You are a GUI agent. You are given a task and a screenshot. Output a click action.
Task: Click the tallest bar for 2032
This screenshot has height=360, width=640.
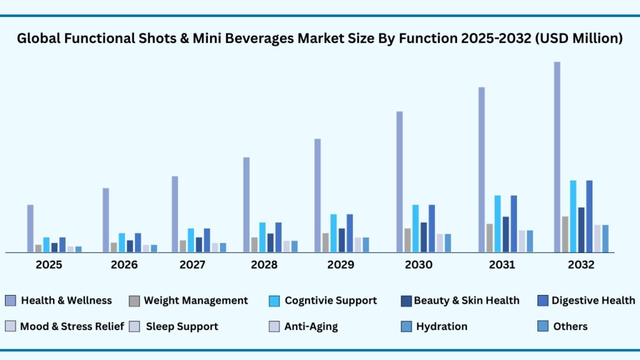[557, 157]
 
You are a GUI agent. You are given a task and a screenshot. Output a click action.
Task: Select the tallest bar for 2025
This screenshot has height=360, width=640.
[30, 229]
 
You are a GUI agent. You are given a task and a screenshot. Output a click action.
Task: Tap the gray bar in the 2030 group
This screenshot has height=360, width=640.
[407, 241]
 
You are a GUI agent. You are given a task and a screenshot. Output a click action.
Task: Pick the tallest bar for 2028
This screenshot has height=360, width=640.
[246, 205]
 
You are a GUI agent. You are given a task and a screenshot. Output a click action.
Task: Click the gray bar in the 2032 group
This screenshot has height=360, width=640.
[565, 234]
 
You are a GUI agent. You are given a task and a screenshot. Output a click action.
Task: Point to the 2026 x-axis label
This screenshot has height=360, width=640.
[124, 264]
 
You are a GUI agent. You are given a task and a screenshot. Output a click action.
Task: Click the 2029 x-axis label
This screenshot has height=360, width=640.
[341, 264]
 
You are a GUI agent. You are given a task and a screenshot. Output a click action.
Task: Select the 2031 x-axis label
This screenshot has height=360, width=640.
[502, 264]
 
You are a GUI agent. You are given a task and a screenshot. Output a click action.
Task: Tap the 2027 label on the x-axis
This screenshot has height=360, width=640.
[192, 264]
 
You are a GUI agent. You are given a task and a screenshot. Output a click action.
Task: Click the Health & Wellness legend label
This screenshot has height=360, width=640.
[66, 301]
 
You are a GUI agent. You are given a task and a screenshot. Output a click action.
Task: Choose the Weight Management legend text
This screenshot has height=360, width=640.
[196, 301]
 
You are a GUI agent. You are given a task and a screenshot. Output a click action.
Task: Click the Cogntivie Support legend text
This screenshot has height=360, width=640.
[331, 301]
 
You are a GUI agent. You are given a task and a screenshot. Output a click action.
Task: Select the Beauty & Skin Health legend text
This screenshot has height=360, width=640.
[466, 301]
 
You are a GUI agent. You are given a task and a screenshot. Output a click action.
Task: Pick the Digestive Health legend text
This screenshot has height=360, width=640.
[593, 301]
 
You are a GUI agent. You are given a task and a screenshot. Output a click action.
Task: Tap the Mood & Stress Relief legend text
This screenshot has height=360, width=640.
[72, 326]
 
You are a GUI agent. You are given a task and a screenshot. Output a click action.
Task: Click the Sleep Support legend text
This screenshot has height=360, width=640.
[182, 326]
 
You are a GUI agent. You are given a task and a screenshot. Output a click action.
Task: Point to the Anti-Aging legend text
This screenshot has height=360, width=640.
[311, 326]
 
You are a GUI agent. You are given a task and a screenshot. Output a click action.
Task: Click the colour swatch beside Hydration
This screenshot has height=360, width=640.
[406, 326]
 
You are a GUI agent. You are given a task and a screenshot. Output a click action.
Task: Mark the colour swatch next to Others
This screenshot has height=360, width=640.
[542, 326]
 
